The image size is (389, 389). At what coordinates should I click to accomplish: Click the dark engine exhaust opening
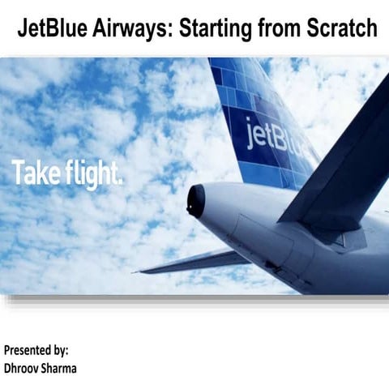click(196, 200)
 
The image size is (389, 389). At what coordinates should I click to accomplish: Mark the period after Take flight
click(120, 182)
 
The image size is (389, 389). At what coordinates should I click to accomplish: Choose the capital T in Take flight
click(17, 172)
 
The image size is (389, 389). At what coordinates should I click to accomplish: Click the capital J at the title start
click(24, 29)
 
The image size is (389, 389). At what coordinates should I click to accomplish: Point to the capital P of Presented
click(7, 351)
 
